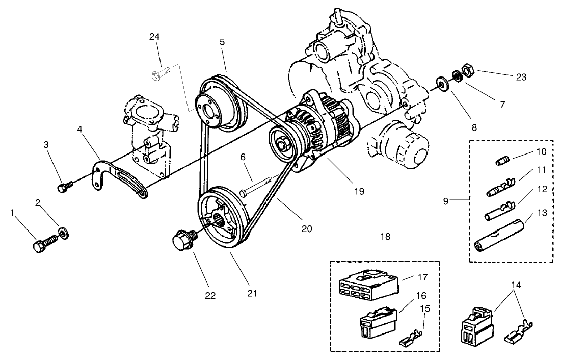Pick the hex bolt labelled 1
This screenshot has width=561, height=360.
43,243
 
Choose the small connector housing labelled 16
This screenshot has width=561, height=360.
376,321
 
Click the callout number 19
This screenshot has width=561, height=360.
359,191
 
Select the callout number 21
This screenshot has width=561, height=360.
252,293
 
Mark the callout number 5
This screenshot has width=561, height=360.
222,42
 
